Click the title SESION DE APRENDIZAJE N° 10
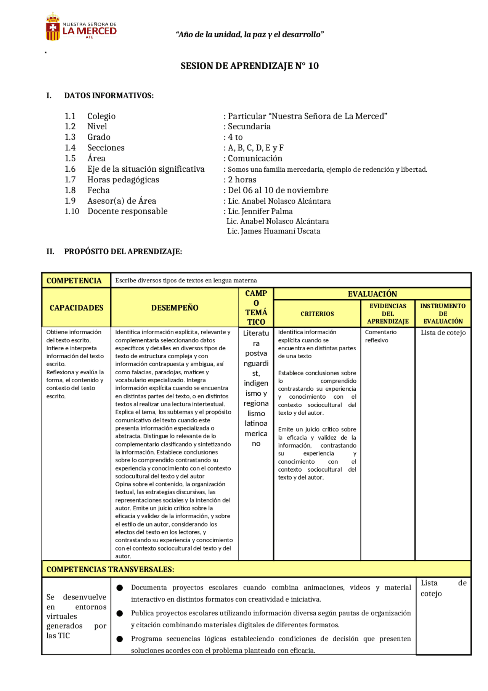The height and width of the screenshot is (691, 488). coord(249,66)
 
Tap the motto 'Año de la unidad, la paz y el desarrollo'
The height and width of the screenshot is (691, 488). coord(250,35)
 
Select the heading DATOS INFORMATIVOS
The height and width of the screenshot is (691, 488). coord(109,96)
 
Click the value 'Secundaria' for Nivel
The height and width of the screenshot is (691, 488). coord(249,127)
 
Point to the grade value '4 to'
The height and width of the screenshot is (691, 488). coord(235,137)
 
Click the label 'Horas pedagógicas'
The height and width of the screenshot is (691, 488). coord(123,180)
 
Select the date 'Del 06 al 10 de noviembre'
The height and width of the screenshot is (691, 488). coord(278,190)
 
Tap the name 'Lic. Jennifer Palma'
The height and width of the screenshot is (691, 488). coord(260,211)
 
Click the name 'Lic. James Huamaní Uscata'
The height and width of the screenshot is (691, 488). coord(273,231)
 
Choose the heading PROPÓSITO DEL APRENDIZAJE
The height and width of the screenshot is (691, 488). coord(123,252)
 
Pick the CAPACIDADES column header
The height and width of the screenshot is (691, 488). coord(76,308)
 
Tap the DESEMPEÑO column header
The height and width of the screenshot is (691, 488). coord(175,308)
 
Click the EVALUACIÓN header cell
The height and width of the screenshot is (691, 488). coord(372,294)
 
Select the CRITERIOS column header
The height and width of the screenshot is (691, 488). coord(317,314)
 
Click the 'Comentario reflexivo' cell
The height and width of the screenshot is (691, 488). coord(380,336)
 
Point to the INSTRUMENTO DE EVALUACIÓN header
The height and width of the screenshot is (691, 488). coord(443,314)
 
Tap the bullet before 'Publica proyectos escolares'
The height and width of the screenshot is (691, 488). coord(120,613)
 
